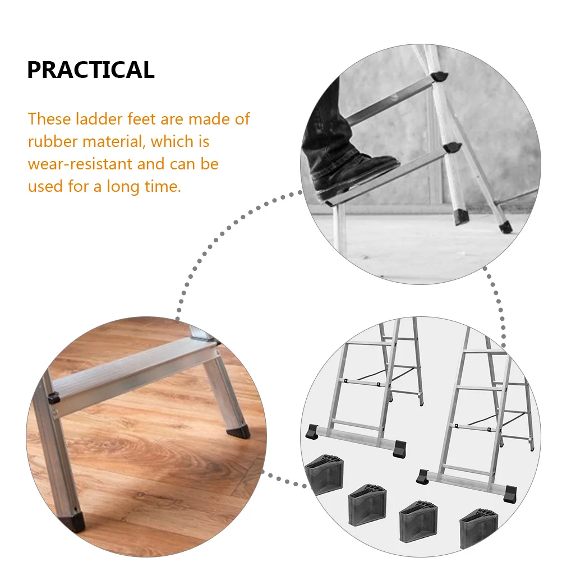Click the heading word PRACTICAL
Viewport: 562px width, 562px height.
[x=90, y=70]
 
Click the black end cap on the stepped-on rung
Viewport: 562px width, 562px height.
[x=452, y=148]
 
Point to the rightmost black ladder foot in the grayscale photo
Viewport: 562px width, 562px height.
[x=505, y=227]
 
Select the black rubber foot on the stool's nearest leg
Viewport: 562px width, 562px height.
[x=75, y=520]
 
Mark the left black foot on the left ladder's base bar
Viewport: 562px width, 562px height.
[x=311, y=432]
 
